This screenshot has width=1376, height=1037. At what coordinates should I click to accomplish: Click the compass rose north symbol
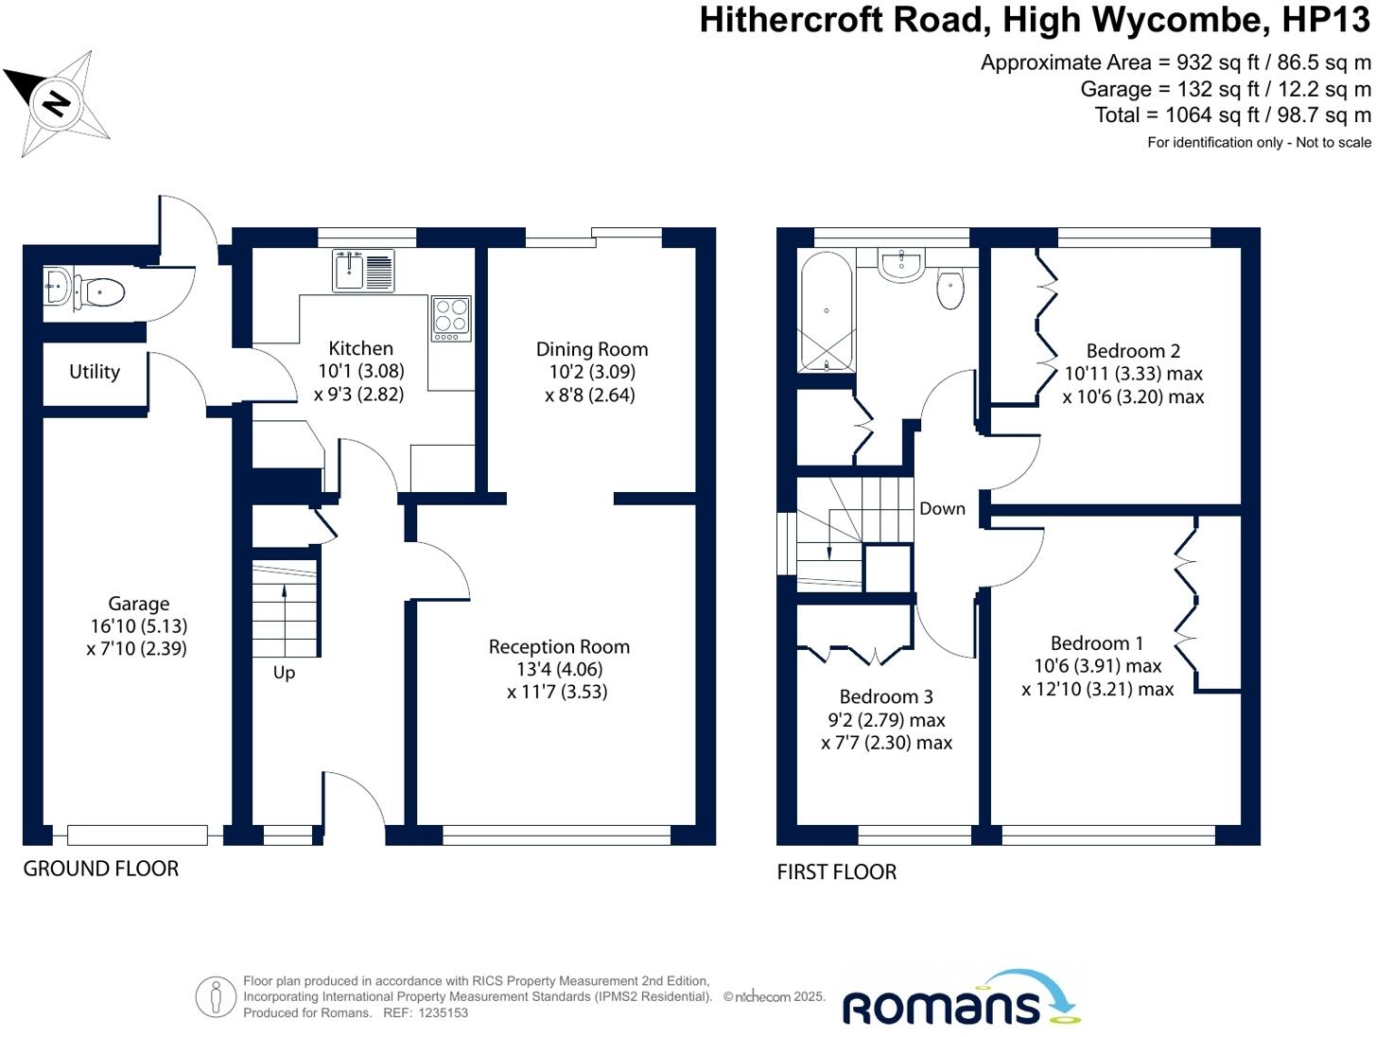point(58,101)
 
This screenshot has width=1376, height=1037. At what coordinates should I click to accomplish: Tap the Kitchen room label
point(360,348)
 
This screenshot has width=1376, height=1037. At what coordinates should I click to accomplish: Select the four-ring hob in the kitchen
point(451,318)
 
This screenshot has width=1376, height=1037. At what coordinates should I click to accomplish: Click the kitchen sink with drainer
point(363,271)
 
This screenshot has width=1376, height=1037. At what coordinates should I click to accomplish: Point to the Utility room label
point(95,372)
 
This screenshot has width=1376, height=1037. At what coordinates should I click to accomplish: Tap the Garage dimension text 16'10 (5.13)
point(139,626)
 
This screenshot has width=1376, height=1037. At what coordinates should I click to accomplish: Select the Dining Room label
point(592,349)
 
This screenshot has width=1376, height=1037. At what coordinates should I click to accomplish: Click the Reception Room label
point(559,647)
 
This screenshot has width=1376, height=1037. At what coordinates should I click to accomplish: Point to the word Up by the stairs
point(284,673)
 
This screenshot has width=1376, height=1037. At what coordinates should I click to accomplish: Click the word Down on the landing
point(942,509)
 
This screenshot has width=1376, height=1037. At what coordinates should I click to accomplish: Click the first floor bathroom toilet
point(950,289)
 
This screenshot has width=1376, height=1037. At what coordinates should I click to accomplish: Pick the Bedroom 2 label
point(1133,351)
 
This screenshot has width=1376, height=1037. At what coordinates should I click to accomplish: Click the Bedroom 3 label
point(886,697)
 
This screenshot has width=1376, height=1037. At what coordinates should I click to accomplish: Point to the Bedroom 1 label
point(1097,643)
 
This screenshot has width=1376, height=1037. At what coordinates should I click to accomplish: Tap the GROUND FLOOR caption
point(101,869)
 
